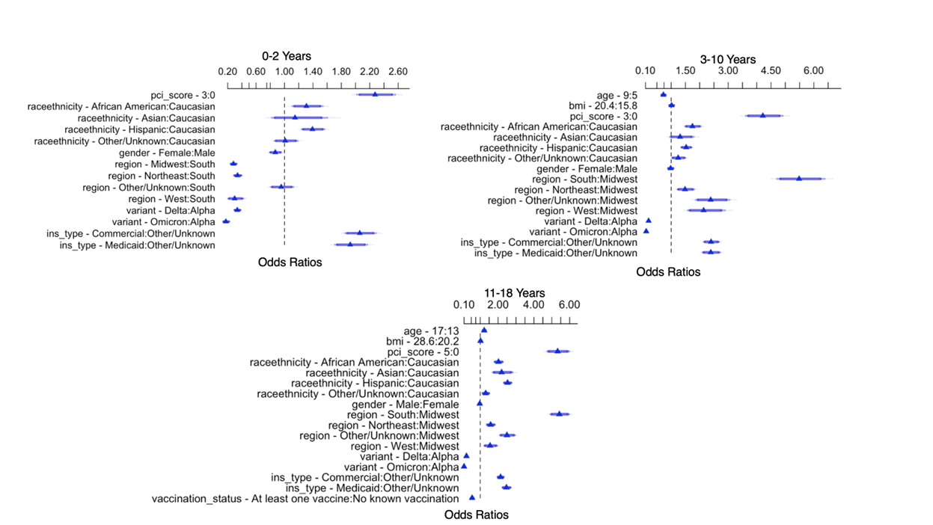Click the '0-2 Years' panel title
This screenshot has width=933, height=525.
(287, 56)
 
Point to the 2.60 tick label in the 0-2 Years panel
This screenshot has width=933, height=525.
(398, 72)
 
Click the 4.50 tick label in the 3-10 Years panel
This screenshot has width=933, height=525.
(771, 71)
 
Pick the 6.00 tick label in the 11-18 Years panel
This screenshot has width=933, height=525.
(569, 305)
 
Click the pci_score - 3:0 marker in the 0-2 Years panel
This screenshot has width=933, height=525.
(375, 93)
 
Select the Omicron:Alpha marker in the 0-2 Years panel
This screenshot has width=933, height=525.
(226, 221)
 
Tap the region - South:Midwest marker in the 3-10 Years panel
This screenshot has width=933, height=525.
(799, 178)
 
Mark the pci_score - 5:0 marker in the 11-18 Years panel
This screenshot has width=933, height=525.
(557, 350)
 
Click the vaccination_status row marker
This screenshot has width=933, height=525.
(472, 497)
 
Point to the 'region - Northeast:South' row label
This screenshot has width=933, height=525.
(161, 176)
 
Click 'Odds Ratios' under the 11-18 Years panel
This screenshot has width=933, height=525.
(477, 515)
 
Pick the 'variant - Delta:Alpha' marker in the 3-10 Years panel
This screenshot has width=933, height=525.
(649, 221)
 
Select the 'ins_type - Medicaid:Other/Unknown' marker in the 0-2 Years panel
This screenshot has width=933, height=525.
(349, 244)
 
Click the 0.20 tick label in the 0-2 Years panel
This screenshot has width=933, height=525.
(227, 72)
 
